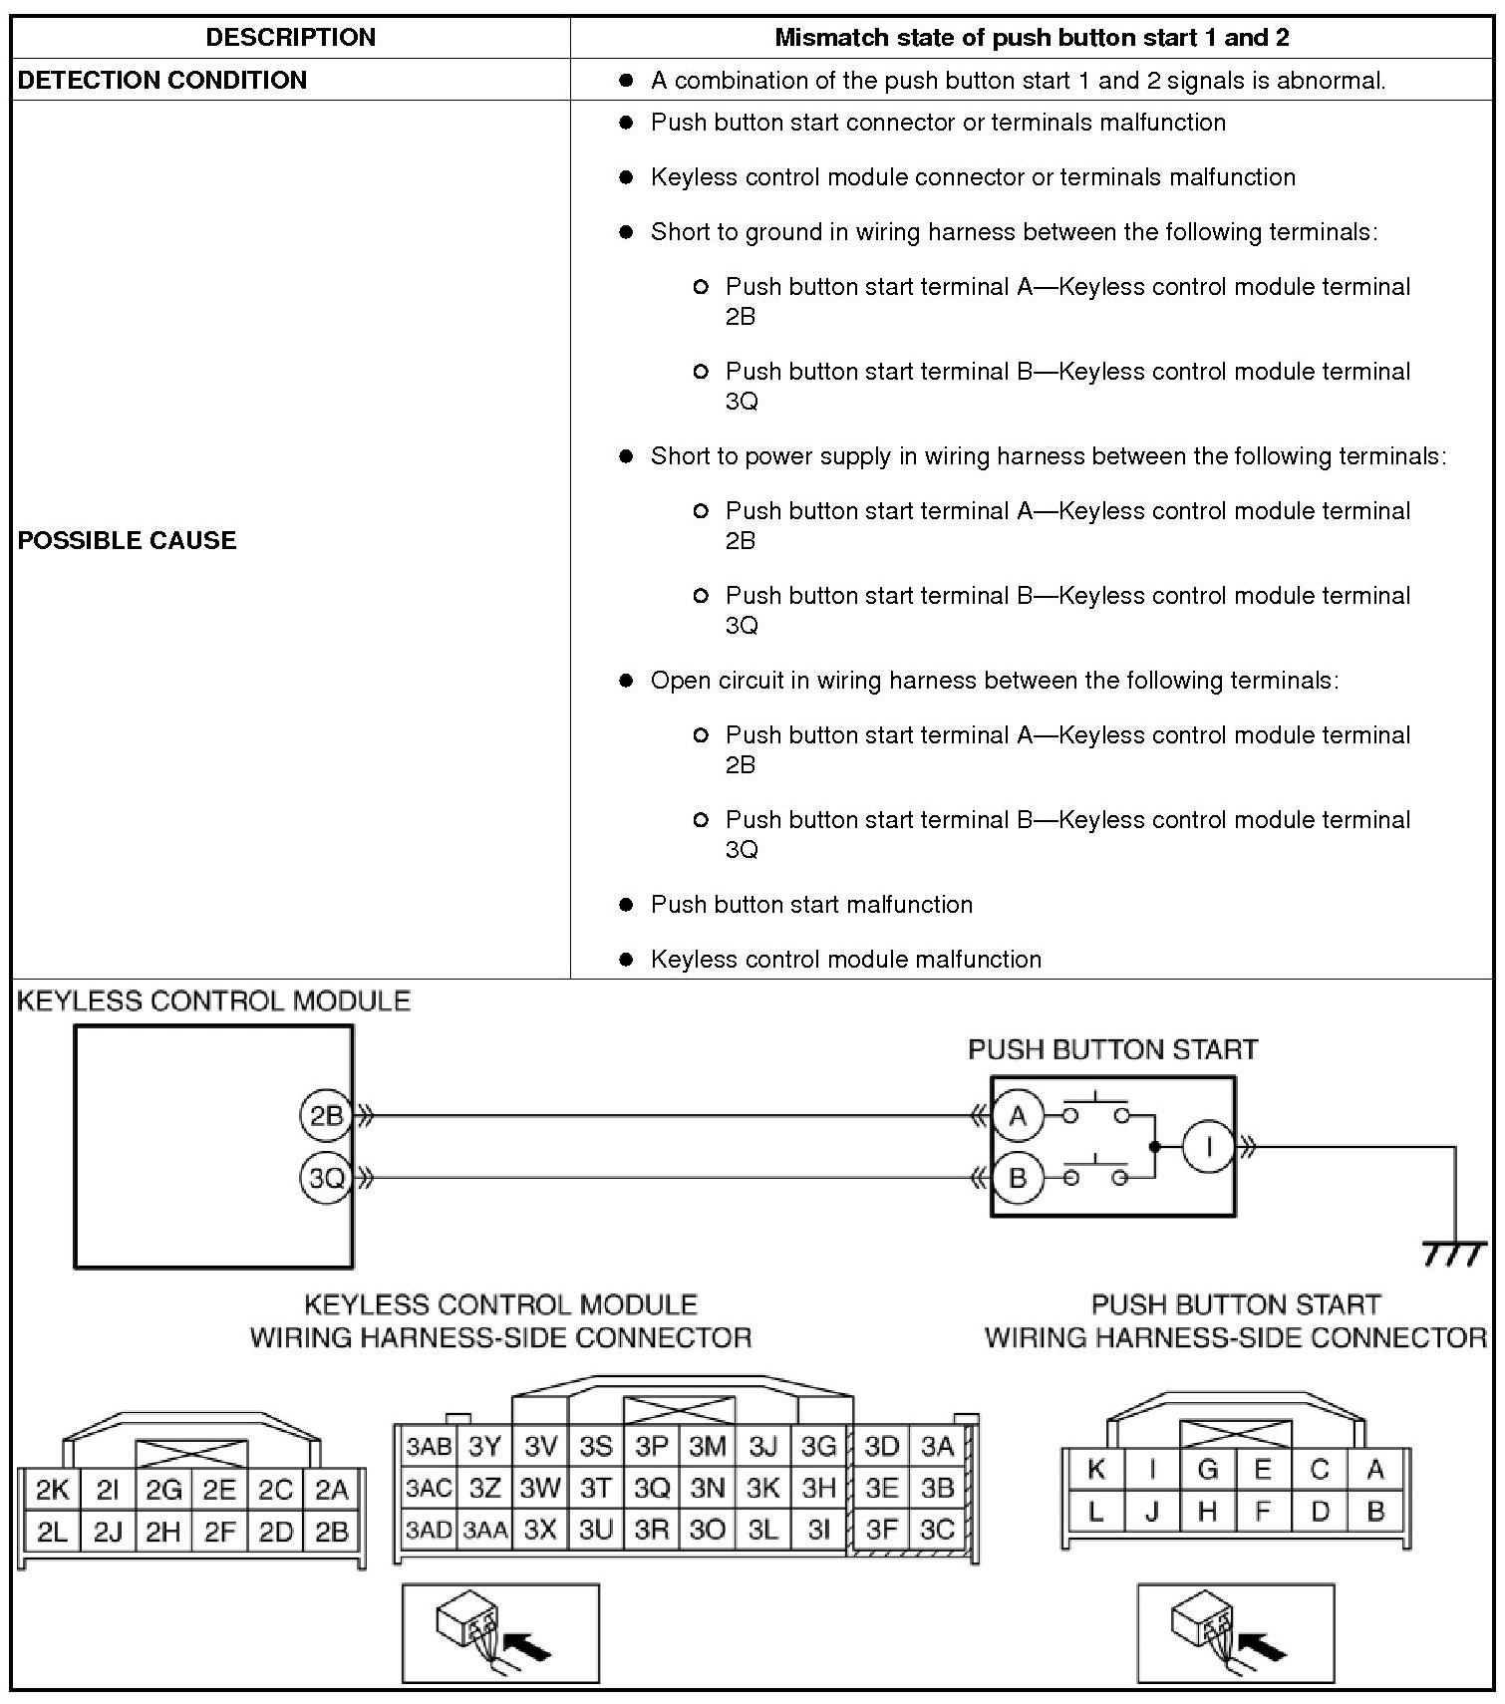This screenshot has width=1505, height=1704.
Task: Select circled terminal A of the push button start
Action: pyautogui.click(x=1018, y=1116)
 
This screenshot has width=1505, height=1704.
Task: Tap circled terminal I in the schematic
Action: pyautogui.click(x=1208, y=1147)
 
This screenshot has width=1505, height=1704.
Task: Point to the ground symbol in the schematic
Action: pyautogui.click(x=1455, y=1254)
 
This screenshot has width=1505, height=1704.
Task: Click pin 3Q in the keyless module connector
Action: pyautogui.click(x=652, y=1488)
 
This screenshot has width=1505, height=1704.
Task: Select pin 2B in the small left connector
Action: pyautogui.click(x=331, y=1532)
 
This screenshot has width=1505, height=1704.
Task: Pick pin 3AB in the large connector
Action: pyautogui.click(x=429, y=1446)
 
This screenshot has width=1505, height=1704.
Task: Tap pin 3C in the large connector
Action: pyautogui.click(x=937, y=1530)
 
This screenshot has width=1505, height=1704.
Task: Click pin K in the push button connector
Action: pyautogui.click(x=1096, y=1469)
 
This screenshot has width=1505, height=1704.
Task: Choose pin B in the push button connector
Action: pyautogui.click(x=1376, y=1512)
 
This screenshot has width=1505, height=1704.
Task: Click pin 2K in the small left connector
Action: pyautogui.click(x=52, y=1490)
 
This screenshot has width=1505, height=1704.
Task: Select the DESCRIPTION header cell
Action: pyautogui.click(x=291, y=38)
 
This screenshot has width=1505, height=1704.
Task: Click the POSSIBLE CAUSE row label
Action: pyautogui.click(x=128, y=540)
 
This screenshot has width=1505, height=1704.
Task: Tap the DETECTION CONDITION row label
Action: pyautogui.click(x=162, y=80)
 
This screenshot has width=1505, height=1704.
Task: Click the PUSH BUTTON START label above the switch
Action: pyautogui.click(x=1112, y=1049)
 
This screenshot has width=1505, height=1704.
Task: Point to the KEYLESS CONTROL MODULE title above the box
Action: pyautogui.click(x=213, y=1000)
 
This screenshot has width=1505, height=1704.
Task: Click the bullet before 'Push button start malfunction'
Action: pyautogui.click(x=626, y=905)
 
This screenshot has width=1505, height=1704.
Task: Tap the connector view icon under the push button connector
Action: pyautogui.click(x=1235, y=1632)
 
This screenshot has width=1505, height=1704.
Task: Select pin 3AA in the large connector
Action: pyautogui.click(x=484, y=1530)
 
